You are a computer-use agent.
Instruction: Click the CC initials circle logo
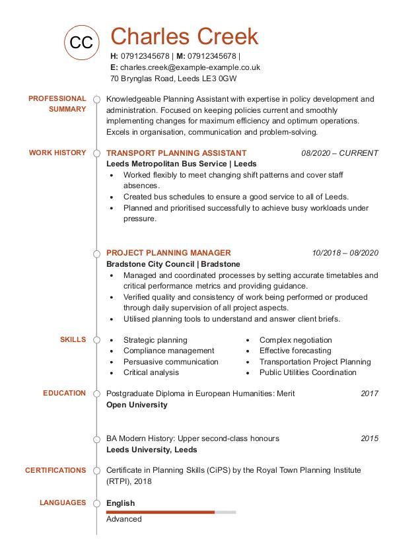pyautogui.click(x=81, y=42)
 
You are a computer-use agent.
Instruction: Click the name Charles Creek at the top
pyautogui.click(x=184, y=36)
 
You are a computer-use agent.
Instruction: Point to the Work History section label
pyautogui.click(x=57, y=153)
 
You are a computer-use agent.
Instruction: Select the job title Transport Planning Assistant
pyautogui.click(x=176, y=153)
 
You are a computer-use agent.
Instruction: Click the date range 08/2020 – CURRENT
pyautogui.click(x=339, y=153)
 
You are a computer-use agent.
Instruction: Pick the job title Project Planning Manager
pyautogui.click(x=168, y=252)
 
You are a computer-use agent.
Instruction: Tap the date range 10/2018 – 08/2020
pyautogui.click(x=345, y=253)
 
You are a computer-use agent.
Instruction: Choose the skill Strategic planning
pyautogui.click(x=155, y=340)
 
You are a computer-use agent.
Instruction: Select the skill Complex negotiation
pyautogui.click(x=295, y=340)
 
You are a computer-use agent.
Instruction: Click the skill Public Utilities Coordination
pyautogui.click(x=308, y=372)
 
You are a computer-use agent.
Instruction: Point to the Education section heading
pyautogui.click(x=65, y=393)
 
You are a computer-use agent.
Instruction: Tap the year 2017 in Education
pyautogui.click(x=369, y=394)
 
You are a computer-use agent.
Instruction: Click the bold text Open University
pyautogui.click(x=137, y=405)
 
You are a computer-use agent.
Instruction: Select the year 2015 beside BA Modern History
pyautogui.click(x=369, y=438)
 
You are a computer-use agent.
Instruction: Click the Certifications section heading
pyautogui.click(x=55, y=470)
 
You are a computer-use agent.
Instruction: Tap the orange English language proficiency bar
pyautogui.click(x=161, y=512)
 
